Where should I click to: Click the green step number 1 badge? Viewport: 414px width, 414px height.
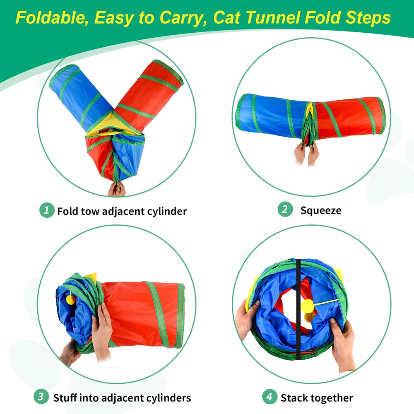(x=47, y=210)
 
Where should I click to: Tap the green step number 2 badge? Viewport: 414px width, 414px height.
(x=284, y=210)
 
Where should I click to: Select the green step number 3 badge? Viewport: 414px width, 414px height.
(x=41, y=397)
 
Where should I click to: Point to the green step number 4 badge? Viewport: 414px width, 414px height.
(x=270, y=397)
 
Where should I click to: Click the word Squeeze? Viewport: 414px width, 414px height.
(x=321, y=210)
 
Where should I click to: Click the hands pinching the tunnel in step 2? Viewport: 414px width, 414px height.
(x=306, y=153)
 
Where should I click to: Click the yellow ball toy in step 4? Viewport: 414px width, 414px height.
(x=307, y=306)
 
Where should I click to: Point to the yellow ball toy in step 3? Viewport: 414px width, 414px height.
(x=71, y=299)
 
